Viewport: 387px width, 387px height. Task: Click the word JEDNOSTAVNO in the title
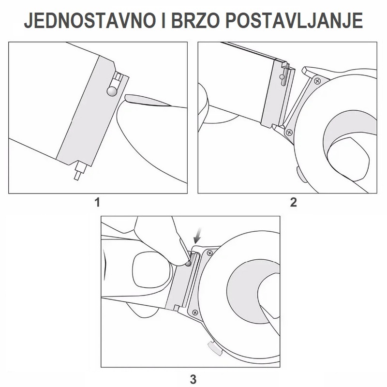point(89,20)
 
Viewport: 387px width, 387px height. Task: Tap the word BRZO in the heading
point(195,20)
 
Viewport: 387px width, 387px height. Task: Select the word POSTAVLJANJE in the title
point(294,20)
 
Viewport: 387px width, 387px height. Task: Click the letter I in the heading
point(164,20)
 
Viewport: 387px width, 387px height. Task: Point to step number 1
point(98,202)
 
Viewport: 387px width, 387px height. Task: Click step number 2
point(293,202)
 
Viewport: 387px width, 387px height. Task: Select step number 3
point(193,379)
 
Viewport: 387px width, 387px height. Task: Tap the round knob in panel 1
point(112,91)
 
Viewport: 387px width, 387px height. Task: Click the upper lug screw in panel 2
point(317,81)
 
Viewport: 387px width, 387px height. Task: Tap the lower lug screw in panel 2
point(288,133)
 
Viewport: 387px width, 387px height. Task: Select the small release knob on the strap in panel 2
point(282,77)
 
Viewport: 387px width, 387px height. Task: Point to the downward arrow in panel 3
point(198,236)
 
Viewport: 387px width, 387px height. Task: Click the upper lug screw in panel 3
point(209,253)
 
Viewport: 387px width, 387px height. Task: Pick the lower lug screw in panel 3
point(195,313)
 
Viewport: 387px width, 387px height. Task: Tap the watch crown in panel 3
point(215,348)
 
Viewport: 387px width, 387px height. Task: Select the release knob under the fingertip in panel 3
point(188,264)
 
